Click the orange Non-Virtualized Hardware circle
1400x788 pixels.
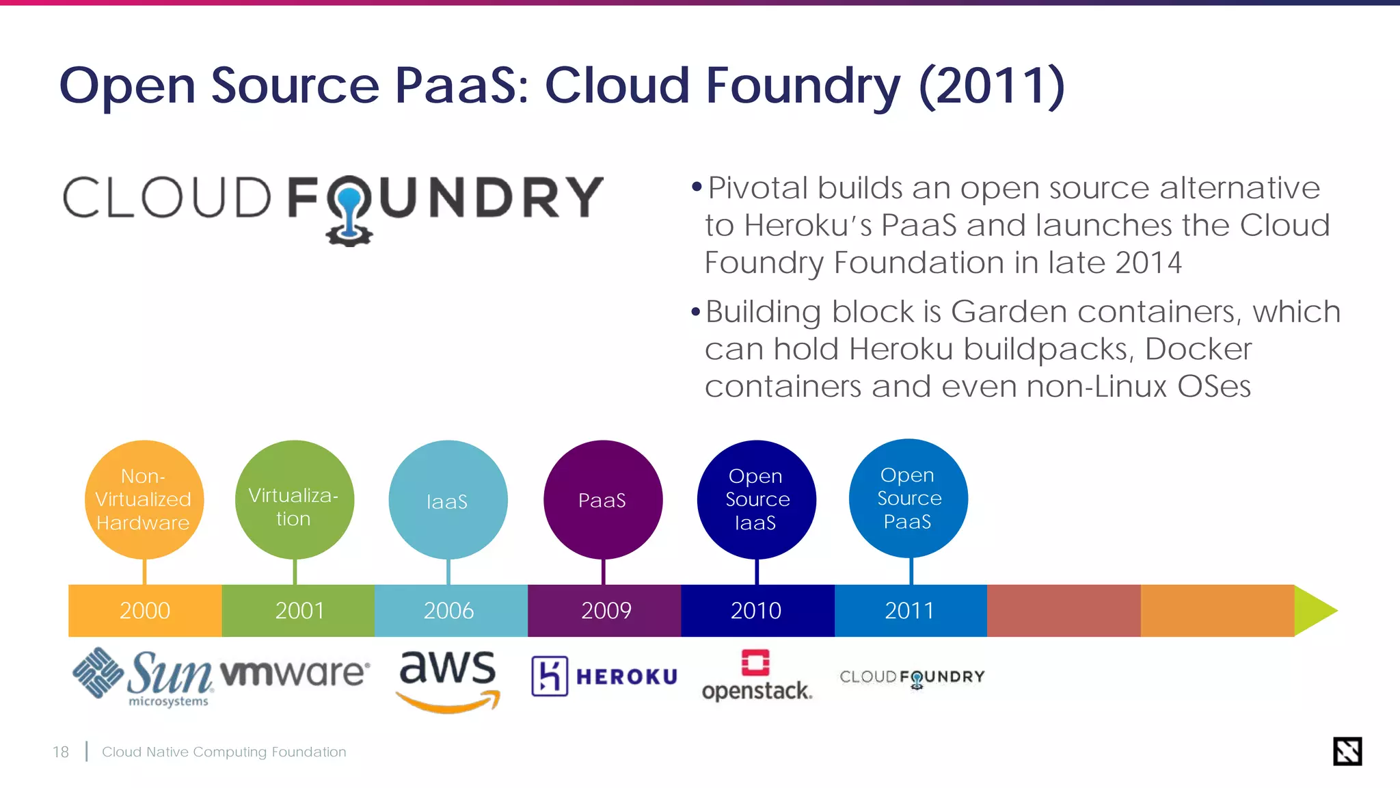click(x=144, y=499)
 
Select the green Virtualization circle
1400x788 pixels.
click(x=295, y=499)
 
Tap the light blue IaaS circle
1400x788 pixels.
click(x=448, y=499)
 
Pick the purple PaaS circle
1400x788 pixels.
click(x=603, y=499)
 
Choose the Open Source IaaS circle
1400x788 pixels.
click(x=756, y=499)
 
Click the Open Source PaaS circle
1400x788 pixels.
click(x=908, y=498)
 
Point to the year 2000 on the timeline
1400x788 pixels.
click(x=145, y=610)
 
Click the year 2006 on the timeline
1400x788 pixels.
click(x=448, y=610)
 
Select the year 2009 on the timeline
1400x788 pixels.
click(x=606, y=610)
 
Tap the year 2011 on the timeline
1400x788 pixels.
click(x=909, y=610)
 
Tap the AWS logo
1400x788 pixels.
click(x=448, y=679)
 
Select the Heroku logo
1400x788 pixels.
click(x=604, y=677)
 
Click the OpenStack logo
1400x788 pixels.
click(x=757, y=676)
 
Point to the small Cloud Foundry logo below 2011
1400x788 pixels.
click(x=912, y=678)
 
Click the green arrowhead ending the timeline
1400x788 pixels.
click(x=1314, y=611)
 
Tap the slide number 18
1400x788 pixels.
click(x=61, y=752)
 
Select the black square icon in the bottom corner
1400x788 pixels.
click(x=1347, y=751)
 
